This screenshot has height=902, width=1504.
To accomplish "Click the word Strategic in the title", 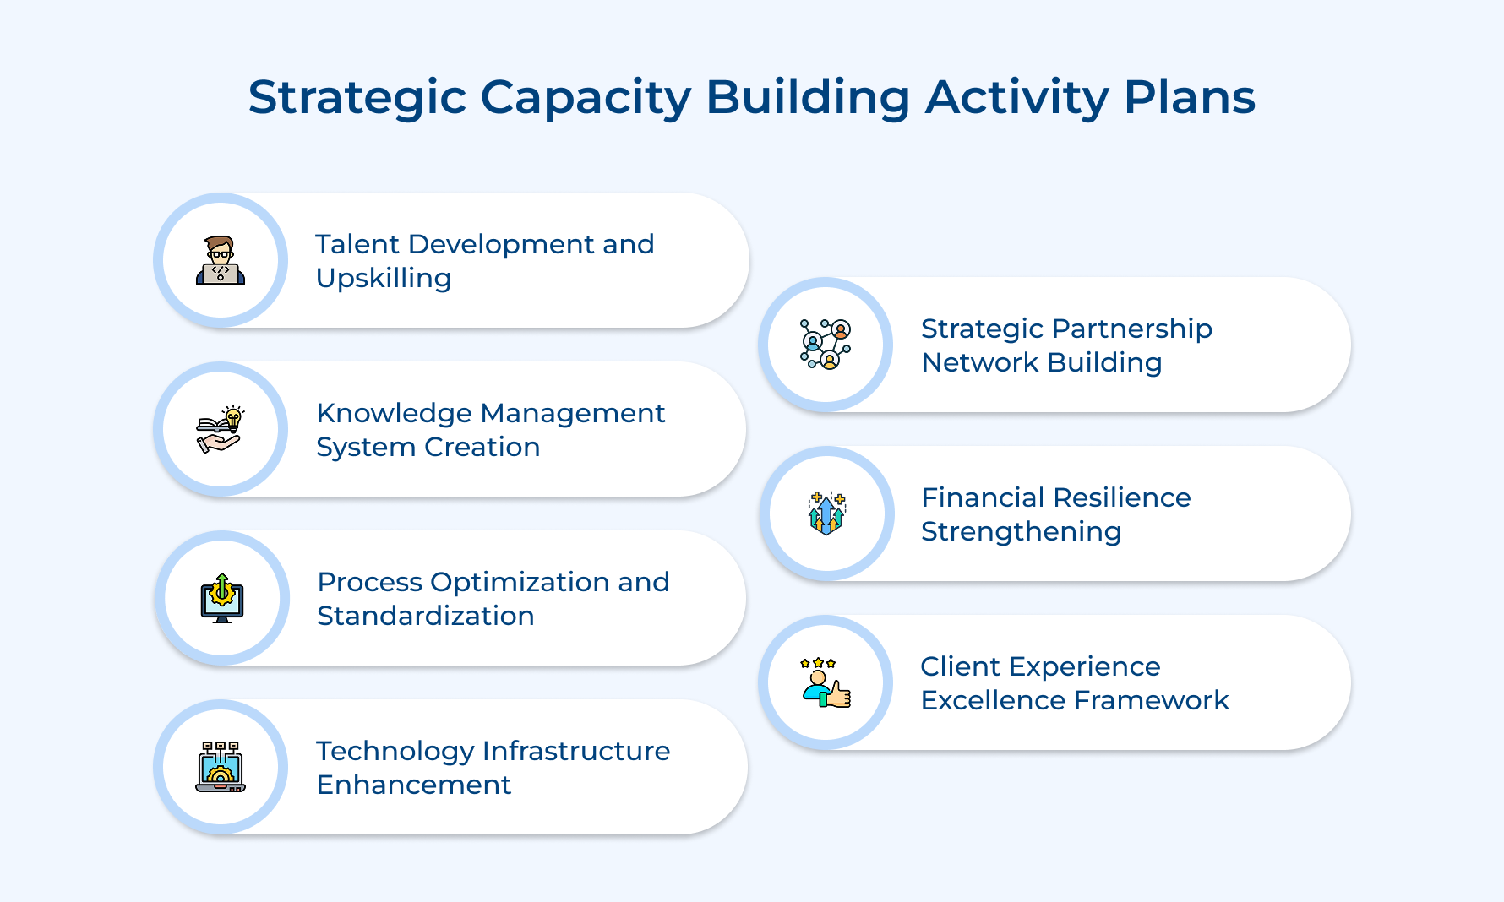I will pyautogui.click(x=357, y=98).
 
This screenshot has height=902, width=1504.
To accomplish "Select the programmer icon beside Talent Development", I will pyautogui.click(x=221, y=260).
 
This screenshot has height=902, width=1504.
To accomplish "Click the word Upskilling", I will pyautogui.click(x=384, y=279).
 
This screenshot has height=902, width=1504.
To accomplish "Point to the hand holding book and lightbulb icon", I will pyautogui.click(x=221, y=429).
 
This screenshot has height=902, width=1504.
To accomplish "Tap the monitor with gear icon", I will pyautogui.click(x=222, y=598).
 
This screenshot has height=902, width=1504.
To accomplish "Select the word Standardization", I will pyautogui.click(x=425, y=616).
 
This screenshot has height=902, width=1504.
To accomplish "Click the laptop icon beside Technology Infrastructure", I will pyautogui.click(x=221, y=767).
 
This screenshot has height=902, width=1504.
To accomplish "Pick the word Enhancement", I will pyautogui.click(x=414, y=785).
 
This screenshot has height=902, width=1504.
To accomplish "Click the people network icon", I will pyautogui.click(x=826, y=345).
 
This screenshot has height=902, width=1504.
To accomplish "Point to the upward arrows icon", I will pyautogui.click(x=826, y=513).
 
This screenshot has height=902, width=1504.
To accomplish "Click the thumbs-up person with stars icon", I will pyautogui.click(x=826, y=682).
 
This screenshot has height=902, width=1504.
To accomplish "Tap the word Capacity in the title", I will pyautogui.click(x=586, y=98).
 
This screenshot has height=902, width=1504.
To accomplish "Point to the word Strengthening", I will pyautogui.click(x=1021, y=532).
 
